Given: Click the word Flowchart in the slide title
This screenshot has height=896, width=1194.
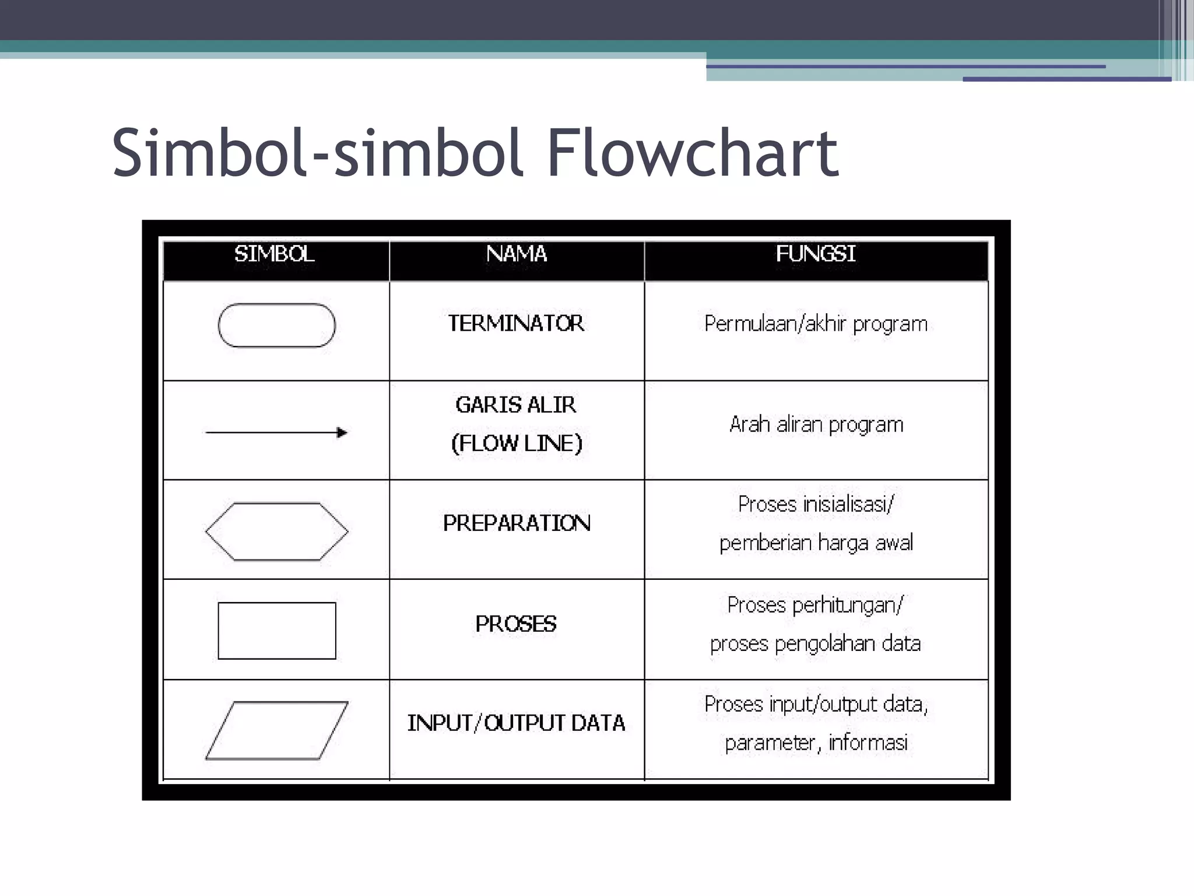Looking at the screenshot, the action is [x=692, y=153].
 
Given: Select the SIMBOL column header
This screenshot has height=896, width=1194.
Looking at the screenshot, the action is [x=275, y=254].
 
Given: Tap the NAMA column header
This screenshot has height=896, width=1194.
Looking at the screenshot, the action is [x=517, y=254].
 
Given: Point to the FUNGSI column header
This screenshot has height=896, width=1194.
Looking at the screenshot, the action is [x=816, y=254].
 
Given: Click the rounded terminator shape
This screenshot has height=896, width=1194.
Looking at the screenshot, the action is [x=276, y=325].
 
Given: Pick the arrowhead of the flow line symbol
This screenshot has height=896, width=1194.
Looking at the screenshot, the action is [x=342, y=432].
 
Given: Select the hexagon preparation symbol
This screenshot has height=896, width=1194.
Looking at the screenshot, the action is [x=276, y=531].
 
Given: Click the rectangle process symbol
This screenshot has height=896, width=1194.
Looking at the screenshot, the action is [x=276, y=631].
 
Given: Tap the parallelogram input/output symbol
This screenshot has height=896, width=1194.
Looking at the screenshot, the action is [x=276, y=730].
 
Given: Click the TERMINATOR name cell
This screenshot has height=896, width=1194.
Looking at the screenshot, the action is [x=516, y=323].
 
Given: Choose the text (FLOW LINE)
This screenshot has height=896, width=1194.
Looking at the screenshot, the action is [x=517, y=443].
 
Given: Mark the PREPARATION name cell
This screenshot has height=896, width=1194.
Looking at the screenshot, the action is [x=517, y=523].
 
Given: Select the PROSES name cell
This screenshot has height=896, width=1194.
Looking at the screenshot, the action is [x=516, y=624].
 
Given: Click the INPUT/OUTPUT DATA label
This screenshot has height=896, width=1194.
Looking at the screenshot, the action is [x=516, y=723].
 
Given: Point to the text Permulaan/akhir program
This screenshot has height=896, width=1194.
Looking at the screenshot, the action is [x=816, y=324].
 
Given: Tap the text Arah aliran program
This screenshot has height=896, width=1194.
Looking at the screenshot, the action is [x=816, y=425].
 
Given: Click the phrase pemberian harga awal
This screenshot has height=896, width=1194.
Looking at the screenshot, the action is [x=816, y=543].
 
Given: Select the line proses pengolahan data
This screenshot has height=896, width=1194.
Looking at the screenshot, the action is [x=815, y=644].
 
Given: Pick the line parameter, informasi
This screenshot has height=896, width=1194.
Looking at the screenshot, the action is [x=816, y=743].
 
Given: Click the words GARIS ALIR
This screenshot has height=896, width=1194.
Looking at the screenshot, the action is [x=516, y=405].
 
